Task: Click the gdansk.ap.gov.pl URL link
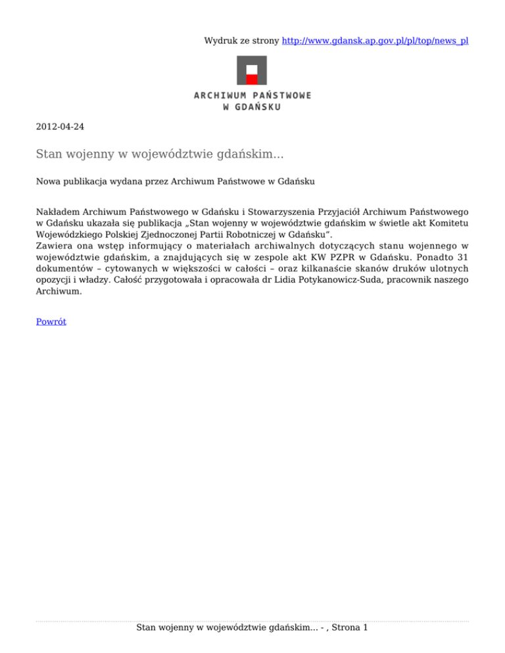[x=375, y=41]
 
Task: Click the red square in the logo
[x=252, y=79]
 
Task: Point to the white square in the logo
[x=252, y=69]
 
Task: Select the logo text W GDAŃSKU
[x=252, y=107]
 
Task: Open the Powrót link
[x=51, y=322]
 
